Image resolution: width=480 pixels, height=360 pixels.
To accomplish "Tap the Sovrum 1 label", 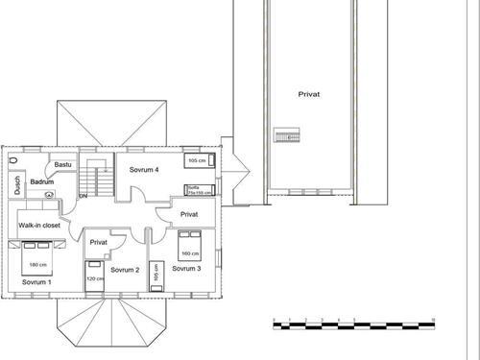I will coord(36,284).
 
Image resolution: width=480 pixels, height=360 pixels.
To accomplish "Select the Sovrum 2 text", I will coord(126,271).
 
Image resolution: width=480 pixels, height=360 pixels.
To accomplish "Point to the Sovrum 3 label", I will coord(186,270).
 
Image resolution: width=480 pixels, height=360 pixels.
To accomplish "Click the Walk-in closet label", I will coord(39,225).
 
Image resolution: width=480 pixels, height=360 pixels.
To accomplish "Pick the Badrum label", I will coord(41,181).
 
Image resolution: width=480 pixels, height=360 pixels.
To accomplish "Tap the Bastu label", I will coord(62,165).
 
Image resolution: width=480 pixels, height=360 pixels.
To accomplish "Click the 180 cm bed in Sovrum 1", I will coord(39,260).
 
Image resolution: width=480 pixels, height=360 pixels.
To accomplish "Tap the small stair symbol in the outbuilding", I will coord(284,137).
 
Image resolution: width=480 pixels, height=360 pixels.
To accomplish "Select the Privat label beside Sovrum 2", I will coord(98,243).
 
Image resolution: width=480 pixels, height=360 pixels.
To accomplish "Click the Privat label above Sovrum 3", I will coord(189,215).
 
